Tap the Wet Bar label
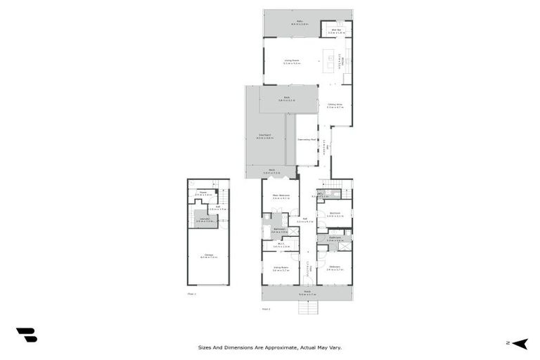click(337, 31)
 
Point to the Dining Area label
click(335, 105)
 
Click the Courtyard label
click(265, 136)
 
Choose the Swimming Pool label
click(306, 140)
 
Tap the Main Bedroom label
click(281, 196)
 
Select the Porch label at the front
click(307, 292)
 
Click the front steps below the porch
click(307, 308)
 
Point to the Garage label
click(208, 256)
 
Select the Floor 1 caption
click(191, 293)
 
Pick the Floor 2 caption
click(265, 308)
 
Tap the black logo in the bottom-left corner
click(26, 335)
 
